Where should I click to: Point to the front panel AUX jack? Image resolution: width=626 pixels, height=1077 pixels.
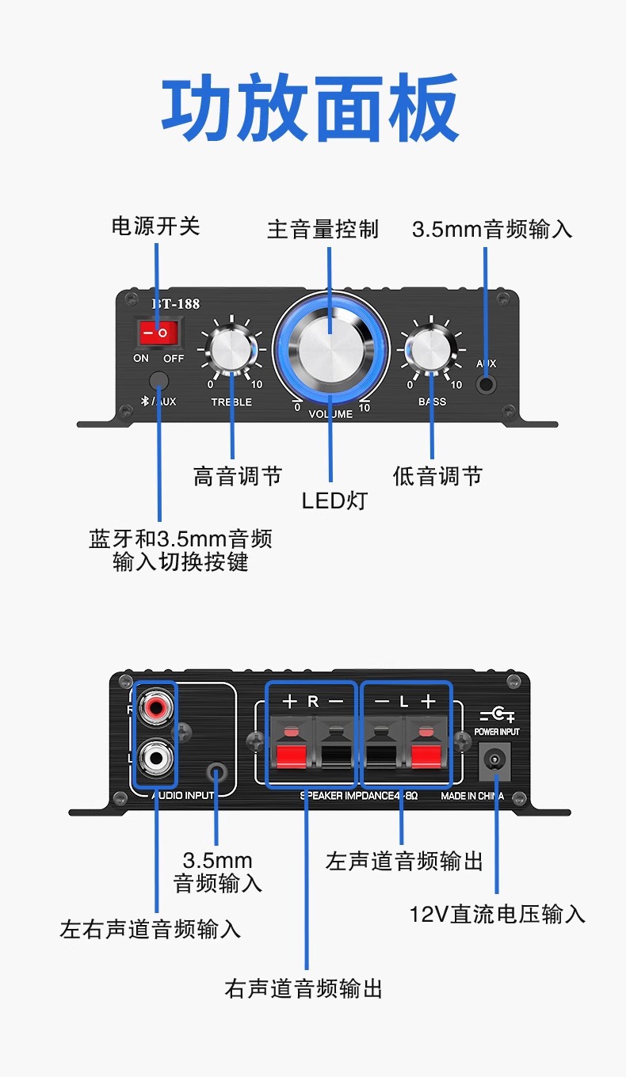click(486, 385)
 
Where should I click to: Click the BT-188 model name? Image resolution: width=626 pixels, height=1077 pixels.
click(175, 304)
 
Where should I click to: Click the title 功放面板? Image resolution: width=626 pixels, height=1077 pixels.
click(311, 108)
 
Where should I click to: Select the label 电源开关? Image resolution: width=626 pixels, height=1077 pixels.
click(155, 226)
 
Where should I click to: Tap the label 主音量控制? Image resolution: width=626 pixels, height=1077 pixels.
click(323, 230)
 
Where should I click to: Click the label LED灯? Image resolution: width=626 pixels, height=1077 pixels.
click(334, 500)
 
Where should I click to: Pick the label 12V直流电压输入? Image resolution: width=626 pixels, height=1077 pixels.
click(497, 915)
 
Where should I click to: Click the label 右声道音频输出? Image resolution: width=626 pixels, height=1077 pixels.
click(303, 988)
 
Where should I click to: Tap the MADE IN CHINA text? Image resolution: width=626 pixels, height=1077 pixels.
click(472, 796)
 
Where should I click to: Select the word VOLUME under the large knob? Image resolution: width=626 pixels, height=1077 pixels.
click(330, 414)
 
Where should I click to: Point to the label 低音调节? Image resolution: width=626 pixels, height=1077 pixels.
click(437, 476)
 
